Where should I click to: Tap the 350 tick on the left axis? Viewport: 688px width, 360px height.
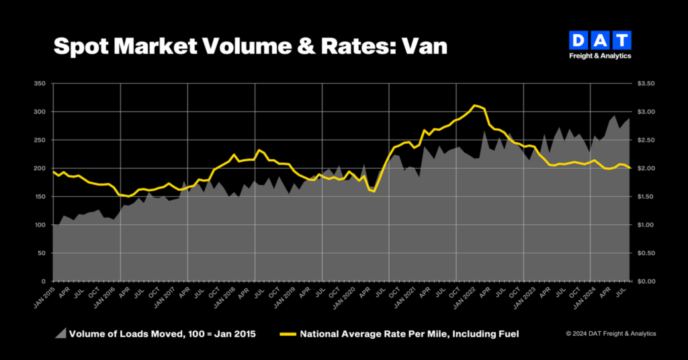40,83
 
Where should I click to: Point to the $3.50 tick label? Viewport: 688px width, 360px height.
646,83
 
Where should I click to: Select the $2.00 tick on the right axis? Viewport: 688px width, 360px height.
646,169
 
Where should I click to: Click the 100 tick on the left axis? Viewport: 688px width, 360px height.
40,225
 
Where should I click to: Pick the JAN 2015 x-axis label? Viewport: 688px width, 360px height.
44,298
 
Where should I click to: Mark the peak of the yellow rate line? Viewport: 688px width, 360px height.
474,105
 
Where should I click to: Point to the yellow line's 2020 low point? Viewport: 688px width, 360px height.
374,191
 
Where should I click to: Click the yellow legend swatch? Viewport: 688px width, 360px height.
288,334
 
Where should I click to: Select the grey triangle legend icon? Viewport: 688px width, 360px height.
61,334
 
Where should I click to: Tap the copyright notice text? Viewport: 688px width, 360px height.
611,334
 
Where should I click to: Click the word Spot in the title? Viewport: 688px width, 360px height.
81,46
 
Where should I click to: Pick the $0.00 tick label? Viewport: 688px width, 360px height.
646,281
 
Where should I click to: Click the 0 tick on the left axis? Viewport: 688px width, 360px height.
44,281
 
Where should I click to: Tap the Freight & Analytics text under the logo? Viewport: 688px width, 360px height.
600,56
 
